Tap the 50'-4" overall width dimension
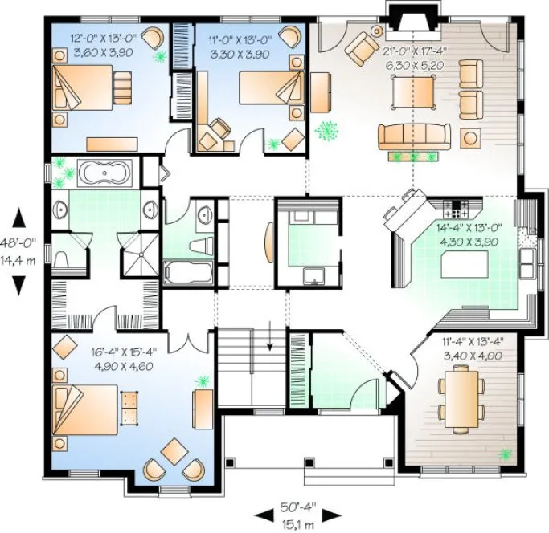[299, 506]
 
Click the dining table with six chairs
[462, 393]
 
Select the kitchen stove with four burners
[456, 209]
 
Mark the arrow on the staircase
[270, 336]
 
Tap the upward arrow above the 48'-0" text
[20, 217]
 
